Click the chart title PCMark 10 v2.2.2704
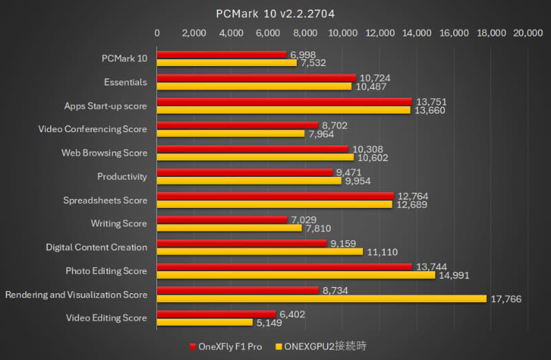click(x=275, y=13)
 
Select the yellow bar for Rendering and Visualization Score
click(x=322, y=299)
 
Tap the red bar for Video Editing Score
click(x=216, y=314)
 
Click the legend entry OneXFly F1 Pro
click(x=227, y=344)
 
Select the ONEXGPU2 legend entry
click(x=321, y=344)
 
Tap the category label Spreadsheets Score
click(x=105, y=200)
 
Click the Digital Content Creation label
click(x=96, y=247)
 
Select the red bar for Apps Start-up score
click(x=284, y=101)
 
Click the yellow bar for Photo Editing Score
click(x=296, y=275)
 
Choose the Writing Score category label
click(x=119, y=224)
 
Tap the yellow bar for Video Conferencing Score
click(x=231, y=134)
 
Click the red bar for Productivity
click(x=245, y=172)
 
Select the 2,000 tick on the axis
click(x=194, y=32)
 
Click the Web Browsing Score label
click(x=104, y=153)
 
